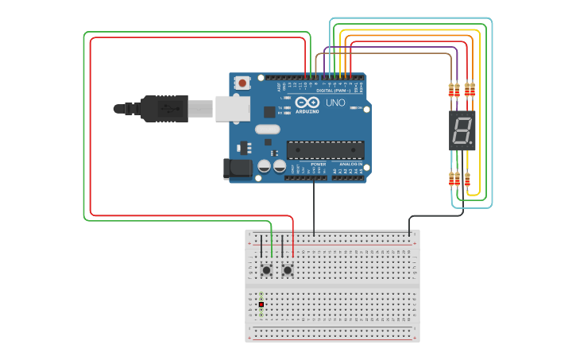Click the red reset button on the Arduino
click(x=242, y=82)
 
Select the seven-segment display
click(x=462, y=130)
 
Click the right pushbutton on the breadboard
click(x=288, y=271)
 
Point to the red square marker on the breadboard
click(x=261, y=304)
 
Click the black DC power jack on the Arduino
click(x=238, y=168)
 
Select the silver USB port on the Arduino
click(x=232, y=109)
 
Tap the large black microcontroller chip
click(x=326, y=149)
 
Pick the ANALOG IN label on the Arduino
click(x=350, y=164)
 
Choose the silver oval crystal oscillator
click(x=268, y=130)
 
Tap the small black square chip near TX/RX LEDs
click(x=269, y=112)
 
